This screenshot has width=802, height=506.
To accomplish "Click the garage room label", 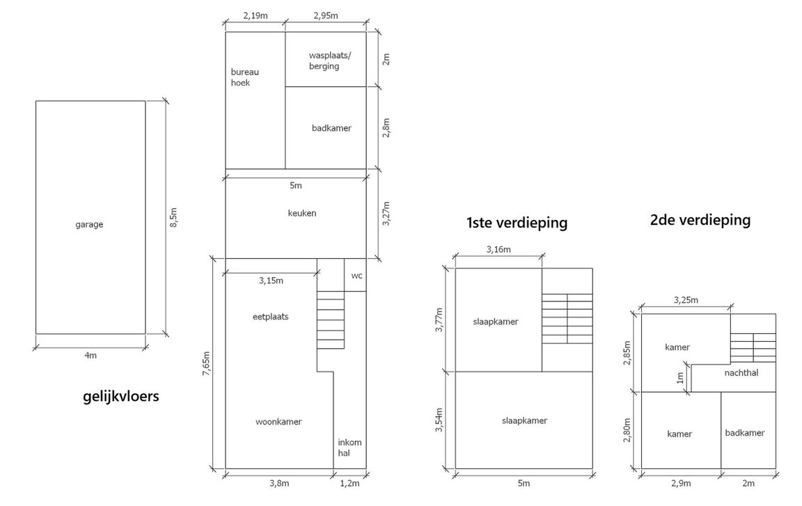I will [89, 224].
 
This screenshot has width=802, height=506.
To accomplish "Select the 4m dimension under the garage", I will [91, 356].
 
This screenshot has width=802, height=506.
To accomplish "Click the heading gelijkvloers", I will [120, 397].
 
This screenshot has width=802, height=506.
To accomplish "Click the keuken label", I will [301, 213].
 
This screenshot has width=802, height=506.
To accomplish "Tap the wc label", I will [356, 276].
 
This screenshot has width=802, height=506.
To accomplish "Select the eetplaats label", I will [270, 316].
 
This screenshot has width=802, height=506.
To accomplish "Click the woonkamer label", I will [278, 421].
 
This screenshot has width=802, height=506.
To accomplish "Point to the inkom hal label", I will [349, 447].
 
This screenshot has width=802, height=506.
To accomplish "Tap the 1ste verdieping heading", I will [517, 223].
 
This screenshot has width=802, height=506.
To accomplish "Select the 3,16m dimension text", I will [498, 249].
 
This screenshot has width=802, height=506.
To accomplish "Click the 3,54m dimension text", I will [439, 420].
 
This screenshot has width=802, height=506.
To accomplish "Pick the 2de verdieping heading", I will [700, 220].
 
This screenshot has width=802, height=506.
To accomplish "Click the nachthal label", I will [741, 372].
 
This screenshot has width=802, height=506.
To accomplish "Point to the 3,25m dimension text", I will [686, 300].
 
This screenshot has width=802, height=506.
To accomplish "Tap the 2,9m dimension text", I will [681, 483].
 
